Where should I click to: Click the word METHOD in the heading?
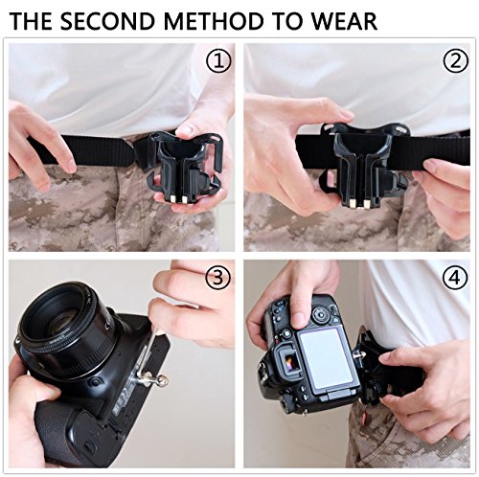tap(214, 21)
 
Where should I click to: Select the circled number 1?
tap(218, 61)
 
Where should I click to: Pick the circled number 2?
tap(455, 60)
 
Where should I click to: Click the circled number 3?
tap(217, 278)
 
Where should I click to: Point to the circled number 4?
tap(454, 278)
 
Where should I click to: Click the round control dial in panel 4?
tap(320, 314)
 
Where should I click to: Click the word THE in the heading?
tap(31, 21)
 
